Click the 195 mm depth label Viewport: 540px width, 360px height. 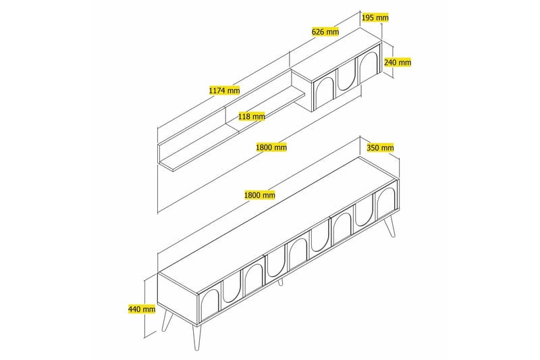click(375, 17)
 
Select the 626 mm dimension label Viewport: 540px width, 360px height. click(325, 31)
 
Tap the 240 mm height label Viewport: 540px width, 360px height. click(397, 62)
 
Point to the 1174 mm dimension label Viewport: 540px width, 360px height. click(225, 90)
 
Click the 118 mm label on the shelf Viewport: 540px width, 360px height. click(251, 116)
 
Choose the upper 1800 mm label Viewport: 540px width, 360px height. click(272, 147)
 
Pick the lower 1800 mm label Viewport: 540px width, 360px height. click(260, 195)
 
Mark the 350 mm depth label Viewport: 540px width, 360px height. click(379, 147)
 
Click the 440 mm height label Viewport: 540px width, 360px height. click(138, 309)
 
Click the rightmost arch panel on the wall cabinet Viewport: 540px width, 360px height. click(368, 66)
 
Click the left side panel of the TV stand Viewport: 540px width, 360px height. click(178, 292)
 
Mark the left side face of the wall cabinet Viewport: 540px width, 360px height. click(302, 90)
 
